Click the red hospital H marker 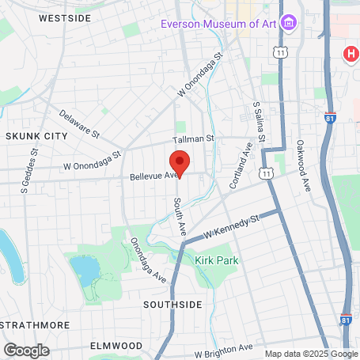tap(350, 54)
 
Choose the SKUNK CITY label tap(36, 136)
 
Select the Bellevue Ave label tap(151, 176)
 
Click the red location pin tap(180, 162)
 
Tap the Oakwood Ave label tap(303, 165)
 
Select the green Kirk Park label tap(216, 260)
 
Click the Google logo tap(26, 350)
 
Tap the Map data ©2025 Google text tap(310, 354)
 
